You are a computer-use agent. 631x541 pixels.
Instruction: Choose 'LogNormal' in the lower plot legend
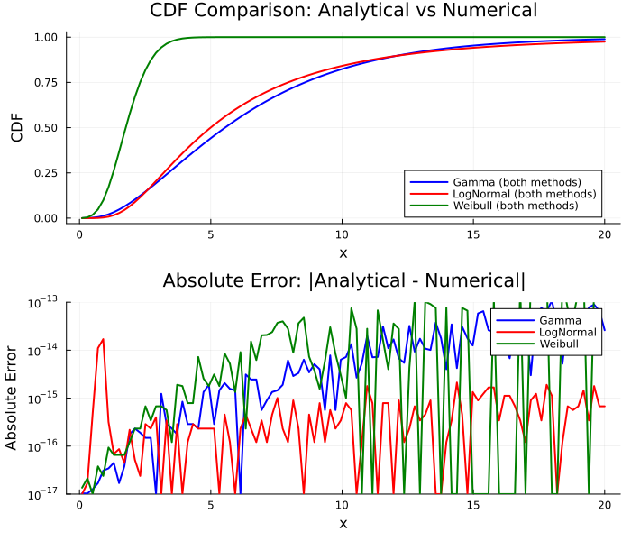pyautogui.click(x=568, y=332)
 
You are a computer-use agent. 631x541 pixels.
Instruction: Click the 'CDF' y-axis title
pyautogui.click(x=16, y=127)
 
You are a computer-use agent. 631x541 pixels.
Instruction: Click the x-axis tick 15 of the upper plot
pyautogui.click(x=472, y=234)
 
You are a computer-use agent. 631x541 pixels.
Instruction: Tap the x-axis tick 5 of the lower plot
pyautogui.click(x=210, y=505)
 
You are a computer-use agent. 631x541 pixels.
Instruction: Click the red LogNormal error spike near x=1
pyautogui.click(x=103, y=340)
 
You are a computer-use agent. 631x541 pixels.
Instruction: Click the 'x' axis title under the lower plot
pyautogui.click(x=342, y=524)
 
